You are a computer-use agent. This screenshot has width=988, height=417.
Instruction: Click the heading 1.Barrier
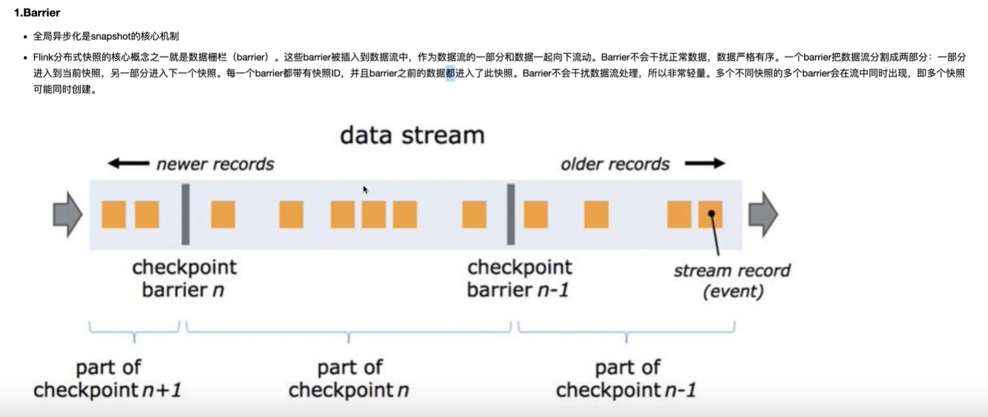37,12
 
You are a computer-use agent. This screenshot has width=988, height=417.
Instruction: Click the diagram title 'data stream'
412,135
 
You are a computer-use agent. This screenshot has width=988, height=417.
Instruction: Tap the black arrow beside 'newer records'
128,164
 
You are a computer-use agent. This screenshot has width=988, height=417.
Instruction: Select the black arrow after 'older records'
705,164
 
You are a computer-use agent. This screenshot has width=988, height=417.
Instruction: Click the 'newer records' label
215,165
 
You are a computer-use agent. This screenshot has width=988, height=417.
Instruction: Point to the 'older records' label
614,165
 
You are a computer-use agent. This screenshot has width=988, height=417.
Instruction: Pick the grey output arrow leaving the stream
763,214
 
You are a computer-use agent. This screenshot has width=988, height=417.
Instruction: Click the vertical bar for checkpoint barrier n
185,214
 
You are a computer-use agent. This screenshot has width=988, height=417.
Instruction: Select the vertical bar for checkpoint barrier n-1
510,214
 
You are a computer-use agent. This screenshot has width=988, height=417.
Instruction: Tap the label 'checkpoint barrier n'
184,278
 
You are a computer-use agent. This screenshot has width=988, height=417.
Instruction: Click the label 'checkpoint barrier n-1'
519,278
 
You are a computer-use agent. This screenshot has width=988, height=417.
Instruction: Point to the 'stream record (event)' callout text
732,280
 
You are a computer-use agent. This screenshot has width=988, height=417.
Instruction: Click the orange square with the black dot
710,215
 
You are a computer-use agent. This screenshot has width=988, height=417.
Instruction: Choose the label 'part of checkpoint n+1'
108,378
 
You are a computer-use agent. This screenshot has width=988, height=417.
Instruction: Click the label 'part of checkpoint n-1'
626,378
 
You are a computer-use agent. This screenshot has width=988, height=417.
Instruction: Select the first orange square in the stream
114,215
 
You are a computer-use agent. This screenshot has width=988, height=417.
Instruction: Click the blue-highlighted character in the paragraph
450,73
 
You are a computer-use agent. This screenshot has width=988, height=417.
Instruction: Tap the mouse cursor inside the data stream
366,189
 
